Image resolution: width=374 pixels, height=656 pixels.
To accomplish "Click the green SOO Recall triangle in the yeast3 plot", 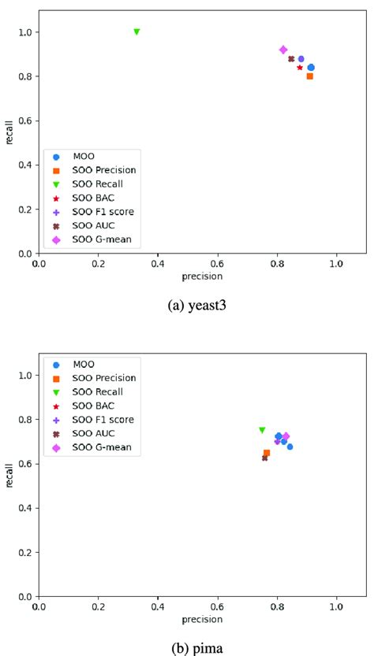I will pos(137,32).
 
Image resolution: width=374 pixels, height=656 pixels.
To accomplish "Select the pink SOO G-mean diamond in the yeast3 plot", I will pos(283,50).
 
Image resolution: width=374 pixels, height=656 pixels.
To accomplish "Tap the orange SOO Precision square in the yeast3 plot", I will pos(309,76).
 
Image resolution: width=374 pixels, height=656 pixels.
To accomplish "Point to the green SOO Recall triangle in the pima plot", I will pos(262,430).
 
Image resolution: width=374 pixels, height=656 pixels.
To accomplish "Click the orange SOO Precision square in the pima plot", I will pos(267,453).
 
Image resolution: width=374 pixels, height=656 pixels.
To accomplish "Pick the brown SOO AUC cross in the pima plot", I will pos(264,458).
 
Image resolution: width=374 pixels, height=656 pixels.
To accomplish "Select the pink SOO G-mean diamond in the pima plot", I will pos(286,436).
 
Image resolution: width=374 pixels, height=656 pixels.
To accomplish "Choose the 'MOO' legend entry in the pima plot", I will pos(84,364).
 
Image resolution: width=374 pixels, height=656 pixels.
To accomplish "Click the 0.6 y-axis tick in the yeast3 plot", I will pos(24,120).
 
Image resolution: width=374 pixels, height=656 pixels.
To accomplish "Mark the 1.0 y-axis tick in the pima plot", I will pos(24,376).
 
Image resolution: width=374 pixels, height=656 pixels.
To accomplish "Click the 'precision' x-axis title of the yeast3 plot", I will pos(202,276).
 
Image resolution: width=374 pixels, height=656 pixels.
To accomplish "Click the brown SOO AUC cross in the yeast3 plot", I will pos(291,59).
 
